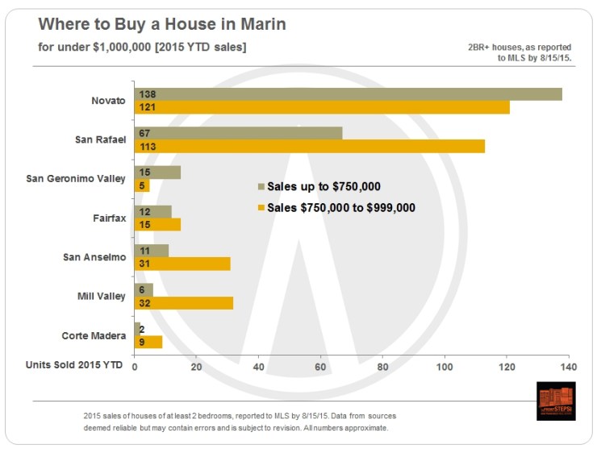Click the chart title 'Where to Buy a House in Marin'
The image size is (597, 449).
(x=162, y=24)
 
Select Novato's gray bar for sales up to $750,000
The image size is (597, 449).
(x=348, y=94)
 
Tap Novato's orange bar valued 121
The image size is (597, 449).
(x=322, y=107)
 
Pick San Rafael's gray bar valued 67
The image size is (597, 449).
(x=238, y=133)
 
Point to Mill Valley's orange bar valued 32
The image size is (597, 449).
(x=184, y=303)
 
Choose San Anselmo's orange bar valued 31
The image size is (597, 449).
(x=182, y=264)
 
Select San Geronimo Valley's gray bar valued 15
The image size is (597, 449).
(x=157, y=173)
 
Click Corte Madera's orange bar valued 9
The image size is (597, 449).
(x=148, y=342)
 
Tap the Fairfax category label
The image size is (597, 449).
(x=108, y=218)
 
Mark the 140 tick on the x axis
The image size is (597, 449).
(x=569, y=368)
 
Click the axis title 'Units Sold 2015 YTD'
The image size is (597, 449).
(x=74, y=365)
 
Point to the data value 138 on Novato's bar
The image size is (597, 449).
(x=148, y=94)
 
